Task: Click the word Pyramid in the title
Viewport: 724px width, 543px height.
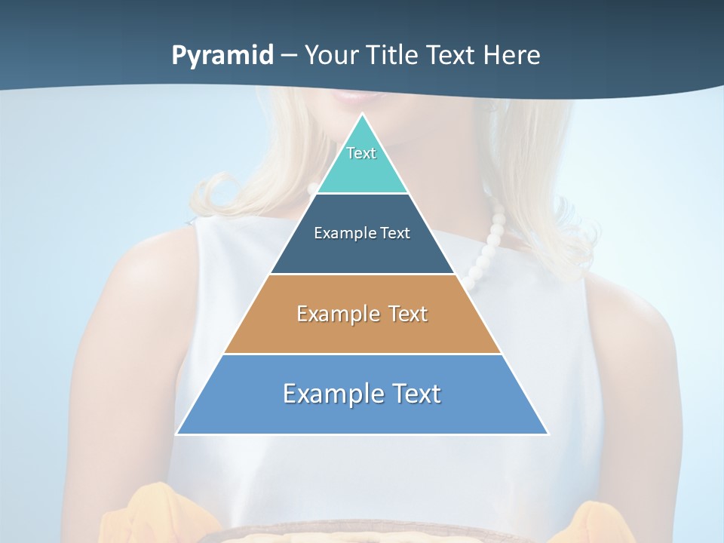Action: pyautogui.click(x=222, y=56)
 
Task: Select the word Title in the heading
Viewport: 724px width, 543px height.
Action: pyautogui.click(x=395, y=55)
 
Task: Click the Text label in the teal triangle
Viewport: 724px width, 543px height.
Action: pyautogui.click(x=361, y=153)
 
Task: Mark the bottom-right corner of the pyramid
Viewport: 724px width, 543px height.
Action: pyautogui.click(x=548, y=434)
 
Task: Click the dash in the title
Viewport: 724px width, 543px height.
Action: pyautogui.click(x=289, y=56)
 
